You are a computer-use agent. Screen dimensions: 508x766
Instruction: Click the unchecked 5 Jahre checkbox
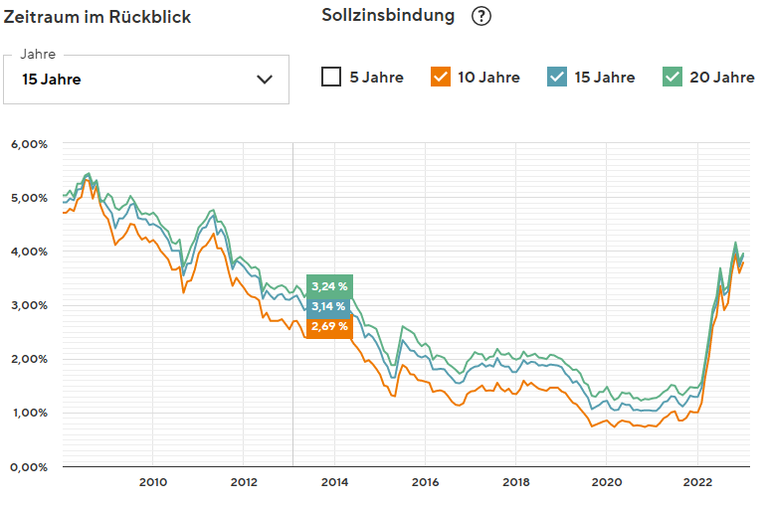coord(332,77)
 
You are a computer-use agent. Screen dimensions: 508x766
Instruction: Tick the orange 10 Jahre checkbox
coord(441,77)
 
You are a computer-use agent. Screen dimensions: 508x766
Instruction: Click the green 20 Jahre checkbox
coord(672,77)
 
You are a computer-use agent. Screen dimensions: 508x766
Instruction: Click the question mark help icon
coord(482,16)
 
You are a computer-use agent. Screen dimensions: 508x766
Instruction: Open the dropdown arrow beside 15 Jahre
coord(265,80)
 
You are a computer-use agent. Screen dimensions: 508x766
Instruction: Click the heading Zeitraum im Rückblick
coord(97,17)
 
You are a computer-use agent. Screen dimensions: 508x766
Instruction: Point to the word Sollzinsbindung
coord(389,16)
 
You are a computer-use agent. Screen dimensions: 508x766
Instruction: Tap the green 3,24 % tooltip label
coord(329,286)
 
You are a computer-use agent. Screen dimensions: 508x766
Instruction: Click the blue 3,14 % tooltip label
coord(329,306)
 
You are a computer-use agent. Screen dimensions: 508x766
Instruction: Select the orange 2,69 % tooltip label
coord(329,326)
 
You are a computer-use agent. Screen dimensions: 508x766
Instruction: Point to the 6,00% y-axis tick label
coord(29,144)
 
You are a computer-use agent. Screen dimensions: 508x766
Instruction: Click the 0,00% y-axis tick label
coord(29,466)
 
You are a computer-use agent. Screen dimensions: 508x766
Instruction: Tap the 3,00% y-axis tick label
coord(29,305)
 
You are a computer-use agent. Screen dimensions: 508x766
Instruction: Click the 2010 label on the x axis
coord(152,482)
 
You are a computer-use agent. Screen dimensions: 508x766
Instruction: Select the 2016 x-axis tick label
coord(425,482)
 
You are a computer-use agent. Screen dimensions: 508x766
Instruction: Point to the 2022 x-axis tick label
coord(696,482)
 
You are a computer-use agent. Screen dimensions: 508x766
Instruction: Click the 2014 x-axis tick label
coord(333,482)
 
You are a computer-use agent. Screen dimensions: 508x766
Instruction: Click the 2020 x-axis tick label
coord(606,482)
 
